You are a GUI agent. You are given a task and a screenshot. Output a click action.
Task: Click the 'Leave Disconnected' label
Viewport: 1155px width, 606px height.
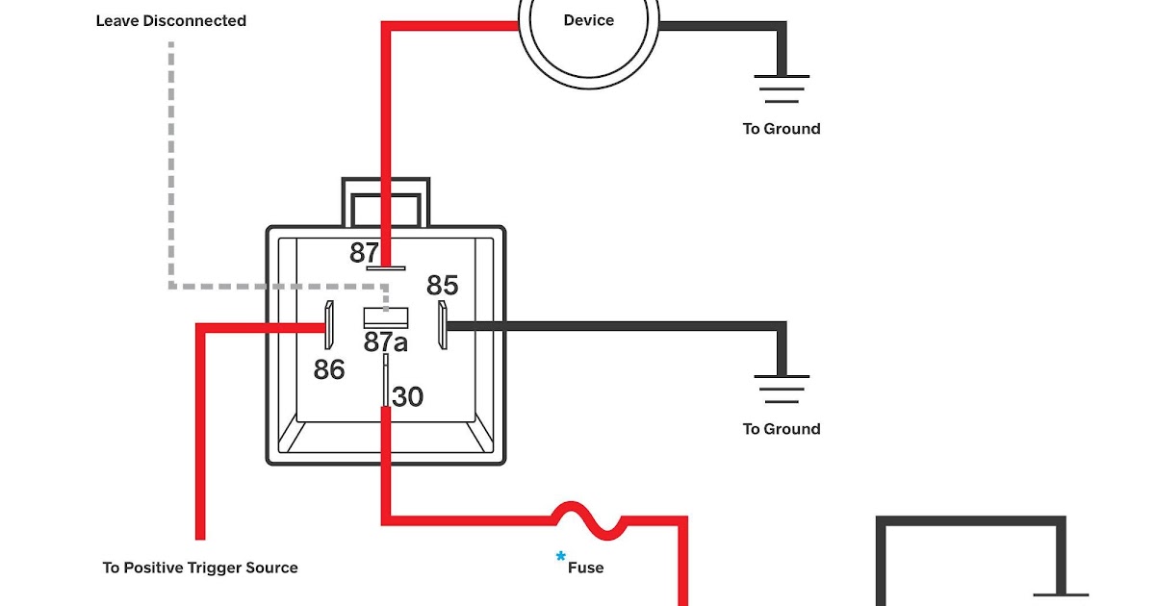171,21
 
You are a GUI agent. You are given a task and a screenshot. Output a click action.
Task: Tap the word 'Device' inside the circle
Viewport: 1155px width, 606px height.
589,20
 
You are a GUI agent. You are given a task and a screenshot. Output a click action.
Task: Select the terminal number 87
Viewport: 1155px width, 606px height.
364,252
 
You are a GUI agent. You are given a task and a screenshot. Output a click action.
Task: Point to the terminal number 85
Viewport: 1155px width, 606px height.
443,285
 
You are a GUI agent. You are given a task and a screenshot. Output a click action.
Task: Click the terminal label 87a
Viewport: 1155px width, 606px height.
386,341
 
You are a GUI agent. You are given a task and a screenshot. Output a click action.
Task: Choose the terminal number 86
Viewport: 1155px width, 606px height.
329,369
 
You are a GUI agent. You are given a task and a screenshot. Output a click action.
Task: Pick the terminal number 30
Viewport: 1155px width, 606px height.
407,396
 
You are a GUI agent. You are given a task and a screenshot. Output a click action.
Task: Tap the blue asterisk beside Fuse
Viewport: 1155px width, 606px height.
560,557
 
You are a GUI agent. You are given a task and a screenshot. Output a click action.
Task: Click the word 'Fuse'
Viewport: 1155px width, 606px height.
586,568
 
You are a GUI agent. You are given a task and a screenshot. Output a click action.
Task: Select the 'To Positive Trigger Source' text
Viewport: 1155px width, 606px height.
200,568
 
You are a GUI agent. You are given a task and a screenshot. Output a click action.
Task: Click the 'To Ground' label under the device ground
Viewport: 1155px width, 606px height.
782,129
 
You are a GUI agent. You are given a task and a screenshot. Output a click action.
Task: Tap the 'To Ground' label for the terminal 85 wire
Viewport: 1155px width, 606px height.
782,429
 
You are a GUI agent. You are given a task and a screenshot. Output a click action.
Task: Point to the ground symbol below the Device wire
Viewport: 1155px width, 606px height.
782,88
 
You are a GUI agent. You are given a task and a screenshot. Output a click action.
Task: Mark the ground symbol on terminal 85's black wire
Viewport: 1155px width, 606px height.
782,389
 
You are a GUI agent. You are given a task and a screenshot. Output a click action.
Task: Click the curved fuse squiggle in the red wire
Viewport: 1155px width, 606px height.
589,520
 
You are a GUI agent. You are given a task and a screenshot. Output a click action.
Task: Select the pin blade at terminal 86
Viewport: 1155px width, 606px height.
329,325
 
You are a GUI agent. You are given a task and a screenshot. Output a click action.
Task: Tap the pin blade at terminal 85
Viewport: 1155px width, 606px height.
443,325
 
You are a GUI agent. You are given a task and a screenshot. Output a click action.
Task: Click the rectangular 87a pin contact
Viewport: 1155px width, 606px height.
386,318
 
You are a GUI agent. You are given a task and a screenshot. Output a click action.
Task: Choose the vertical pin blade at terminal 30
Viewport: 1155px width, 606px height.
386,380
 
